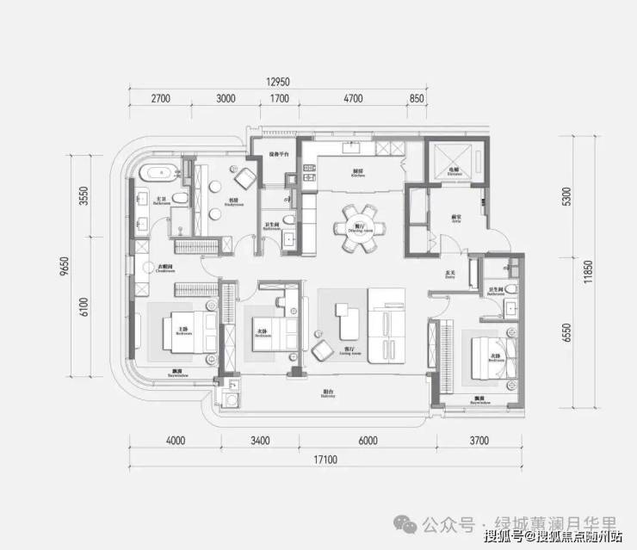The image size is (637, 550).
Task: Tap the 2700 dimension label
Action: pos(161,99)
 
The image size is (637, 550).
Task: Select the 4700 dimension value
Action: pos(353,99)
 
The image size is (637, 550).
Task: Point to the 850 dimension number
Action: pos(417,99)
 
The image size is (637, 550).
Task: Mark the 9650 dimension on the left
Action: pos(65,270)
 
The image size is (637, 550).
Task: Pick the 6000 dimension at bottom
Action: pos(368,442)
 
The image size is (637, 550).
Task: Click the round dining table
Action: pos(356,227)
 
